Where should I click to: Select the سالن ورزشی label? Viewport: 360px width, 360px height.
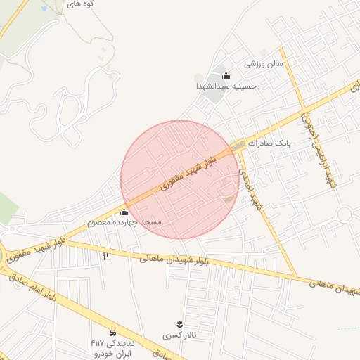[263, 63]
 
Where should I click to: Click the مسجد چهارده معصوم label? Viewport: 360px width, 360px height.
[124, 222]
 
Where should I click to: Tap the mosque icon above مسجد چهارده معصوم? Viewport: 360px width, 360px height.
[124, 212]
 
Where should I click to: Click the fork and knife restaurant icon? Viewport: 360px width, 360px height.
[106, 256]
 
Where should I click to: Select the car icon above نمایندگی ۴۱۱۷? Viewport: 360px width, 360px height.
[112, 332]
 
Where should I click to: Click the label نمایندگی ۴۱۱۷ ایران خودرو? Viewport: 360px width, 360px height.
[112, 347]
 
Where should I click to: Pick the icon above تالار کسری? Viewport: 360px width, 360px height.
[179, 323]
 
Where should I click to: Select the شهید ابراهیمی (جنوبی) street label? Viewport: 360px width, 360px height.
[318, 148]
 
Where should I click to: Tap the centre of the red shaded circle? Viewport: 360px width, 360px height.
[180, 179]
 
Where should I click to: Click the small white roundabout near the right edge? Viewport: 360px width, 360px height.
[345, 214]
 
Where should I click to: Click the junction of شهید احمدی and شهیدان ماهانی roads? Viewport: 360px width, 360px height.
[296, 276]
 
